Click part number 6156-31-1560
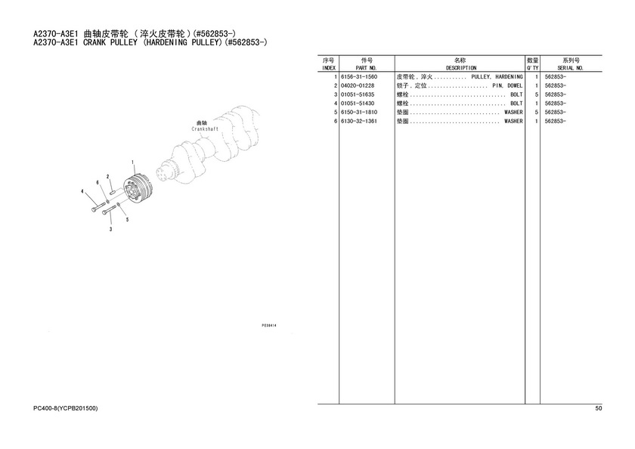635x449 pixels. (x=359, y=76)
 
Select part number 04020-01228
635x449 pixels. (x=358, y=85)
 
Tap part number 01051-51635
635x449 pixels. (x=358, y=94)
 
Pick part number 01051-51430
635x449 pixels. (x=358, y=104)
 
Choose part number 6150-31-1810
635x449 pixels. (x=359, y=112)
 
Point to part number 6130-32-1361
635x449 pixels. (x=359, y=121)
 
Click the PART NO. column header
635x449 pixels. (x=367, y=68)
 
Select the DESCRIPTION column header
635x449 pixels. (x=461, y=68)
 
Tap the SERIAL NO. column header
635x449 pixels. (x=570, y=68)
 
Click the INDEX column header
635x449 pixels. (x=328, y=68)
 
